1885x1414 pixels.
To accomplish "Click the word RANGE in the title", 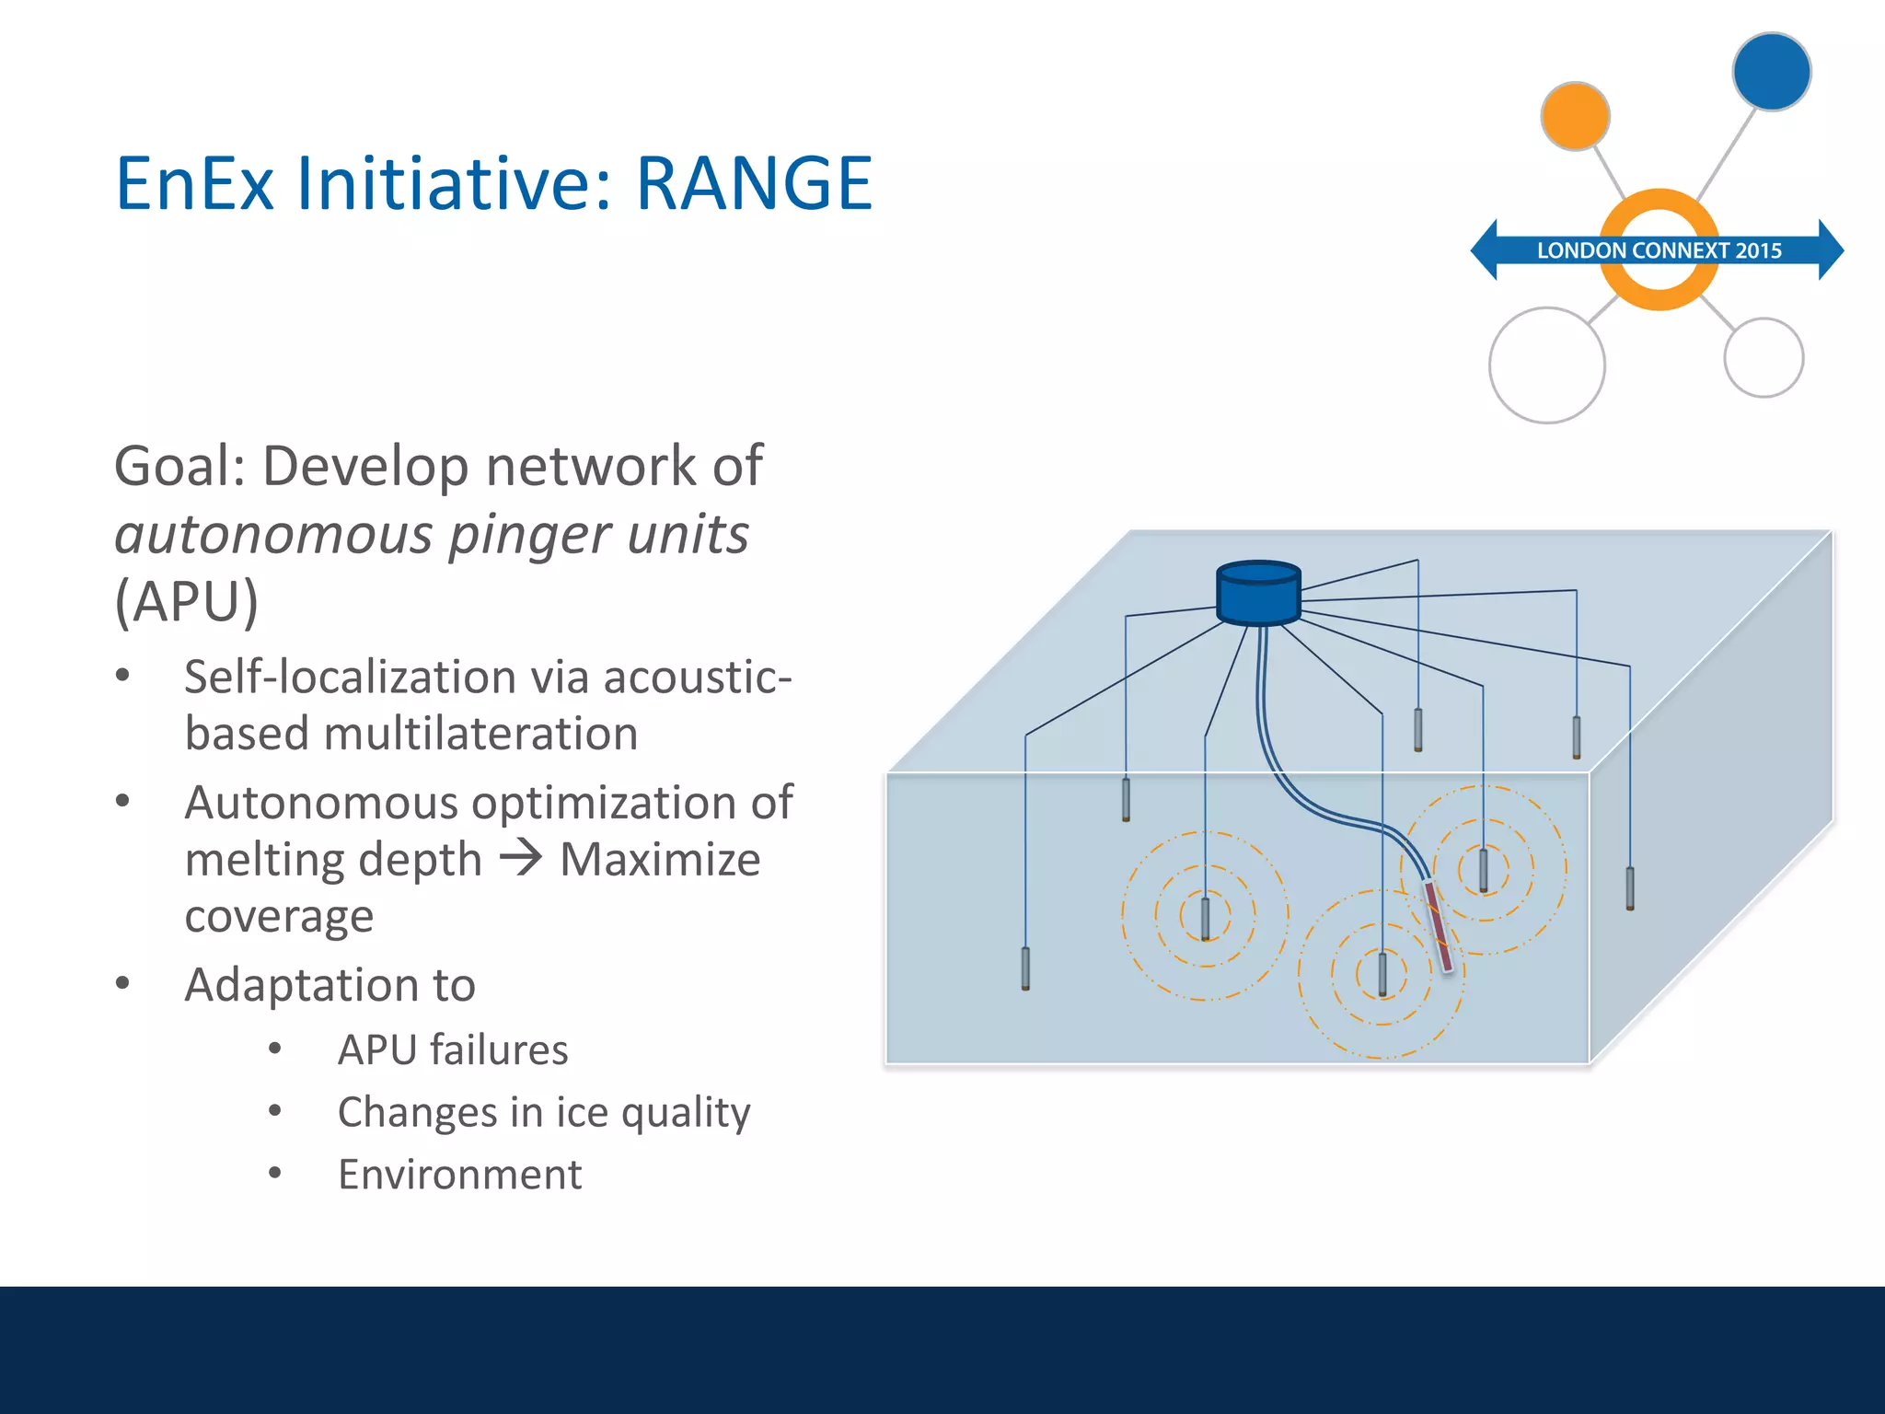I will pyautogui.click(x=754, y=184).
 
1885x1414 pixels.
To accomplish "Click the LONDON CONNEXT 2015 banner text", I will pyautogui.click(x=1659, y=250).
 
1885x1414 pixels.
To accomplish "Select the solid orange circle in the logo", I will pyautogui.click(x=1575, y=116).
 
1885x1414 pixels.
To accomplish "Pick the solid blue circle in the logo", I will pyautogui.click(x=1771, y=72).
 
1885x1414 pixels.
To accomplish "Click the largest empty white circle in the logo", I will pyautogui.click(x=1546, y=365).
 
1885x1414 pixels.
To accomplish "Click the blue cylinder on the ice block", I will pyautogui.click(x=1258, y=594).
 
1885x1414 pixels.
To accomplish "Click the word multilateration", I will pyautogui.click(x=480, y=735).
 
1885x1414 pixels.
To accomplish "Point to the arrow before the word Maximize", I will pyautogui.click(x=521, y=859).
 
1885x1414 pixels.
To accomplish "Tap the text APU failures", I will pyautogui.click(x=453, y=1050).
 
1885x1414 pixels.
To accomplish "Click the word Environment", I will pyautogui.click(x=459, y=1175).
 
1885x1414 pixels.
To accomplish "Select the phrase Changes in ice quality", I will pyautogui.click(x=543, y=1112).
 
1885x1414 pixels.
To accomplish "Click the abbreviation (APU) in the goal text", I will pyautogui.click(x=186, y=601).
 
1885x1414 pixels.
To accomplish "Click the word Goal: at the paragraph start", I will pyautogui.click(x=179, y=466).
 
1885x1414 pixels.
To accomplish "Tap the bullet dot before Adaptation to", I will pyautogui.click(x=122, y=983).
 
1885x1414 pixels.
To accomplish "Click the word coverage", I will pyautogui.click(x=279, y=916).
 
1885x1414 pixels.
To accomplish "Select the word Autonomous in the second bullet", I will pyautogui.click(x=321, y=803).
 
